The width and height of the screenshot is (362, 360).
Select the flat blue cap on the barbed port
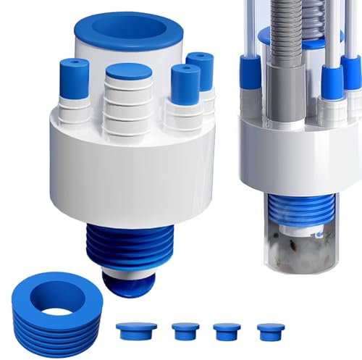[128, 74]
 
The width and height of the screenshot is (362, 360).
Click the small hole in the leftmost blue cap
[72, 65]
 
